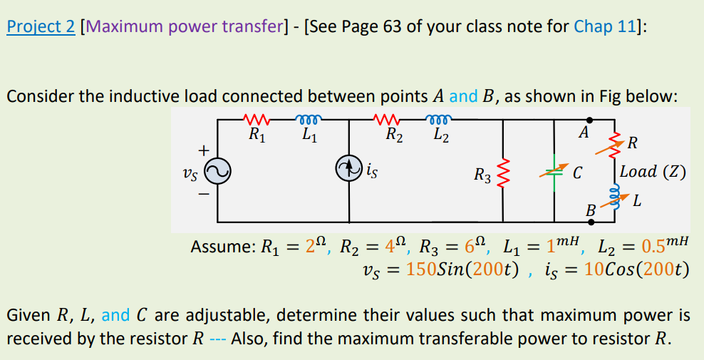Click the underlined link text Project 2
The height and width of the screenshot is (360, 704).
tap(41, 28)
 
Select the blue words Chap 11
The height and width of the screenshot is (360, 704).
tap(604, 28)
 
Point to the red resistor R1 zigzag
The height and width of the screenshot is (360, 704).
tap(254, 118)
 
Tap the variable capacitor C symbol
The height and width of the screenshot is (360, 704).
tap(555, 171)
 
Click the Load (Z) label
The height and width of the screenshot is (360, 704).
tap(653, 171)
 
